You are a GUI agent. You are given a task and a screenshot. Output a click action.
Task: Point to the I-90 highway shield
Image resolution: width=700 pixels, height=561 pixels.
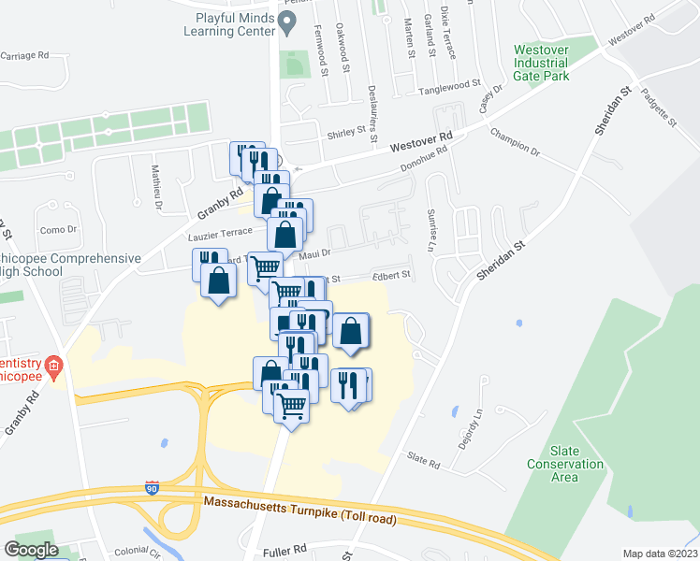(152, 488)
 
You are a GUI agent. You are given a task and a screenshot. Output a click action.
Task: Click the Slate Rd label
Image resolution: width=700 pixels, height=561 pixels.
(423, 458)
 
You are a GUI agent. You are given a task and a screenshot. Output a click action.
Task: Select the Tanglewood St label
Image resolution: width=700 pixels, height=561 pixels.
(449, 84)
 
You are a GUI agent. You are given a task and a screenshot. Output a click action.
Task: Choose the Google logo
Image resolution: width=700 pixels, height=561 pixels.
(32, 550)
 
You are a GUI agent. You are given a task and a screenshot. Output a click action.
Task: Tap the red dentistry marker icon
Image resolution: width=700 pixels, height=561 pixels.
(54, 364)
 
